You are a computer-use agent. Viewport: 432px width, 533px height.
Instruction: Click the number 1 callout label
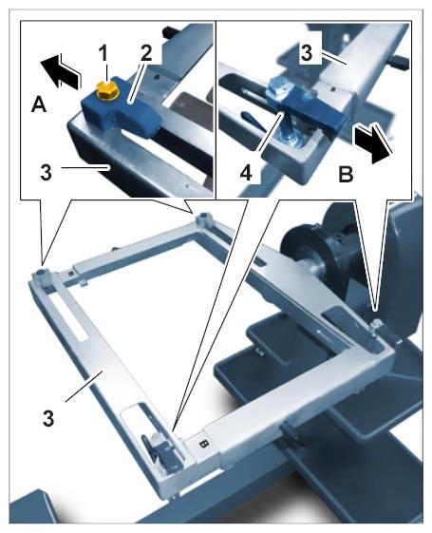103,54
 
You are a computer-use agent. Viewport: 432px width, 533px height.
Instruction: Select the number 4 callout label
246,173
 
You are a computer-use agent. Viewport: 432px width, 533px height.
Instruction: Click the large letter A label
39,104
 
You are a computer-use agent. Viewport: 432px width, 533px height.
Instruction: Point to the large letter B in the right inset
346,174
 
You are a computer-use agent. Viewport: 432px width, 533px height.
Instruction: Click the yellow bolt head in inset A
107,90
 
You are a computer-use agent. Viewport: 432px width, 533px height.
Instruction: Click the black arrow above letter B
371,143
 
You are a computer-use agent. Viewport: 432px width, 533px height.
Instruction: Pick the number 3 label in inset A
47,172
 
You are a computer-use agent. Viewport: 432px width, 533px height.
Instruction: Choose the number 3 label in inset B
307,53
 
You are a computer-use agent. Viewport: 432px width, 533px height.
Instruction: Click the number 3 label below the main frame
48,418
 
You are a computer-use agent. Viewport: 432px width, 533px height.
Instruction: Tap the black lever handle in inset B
252,120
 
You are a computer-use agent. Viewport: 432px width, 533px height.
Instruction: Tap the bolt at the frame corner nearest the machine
375,324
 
